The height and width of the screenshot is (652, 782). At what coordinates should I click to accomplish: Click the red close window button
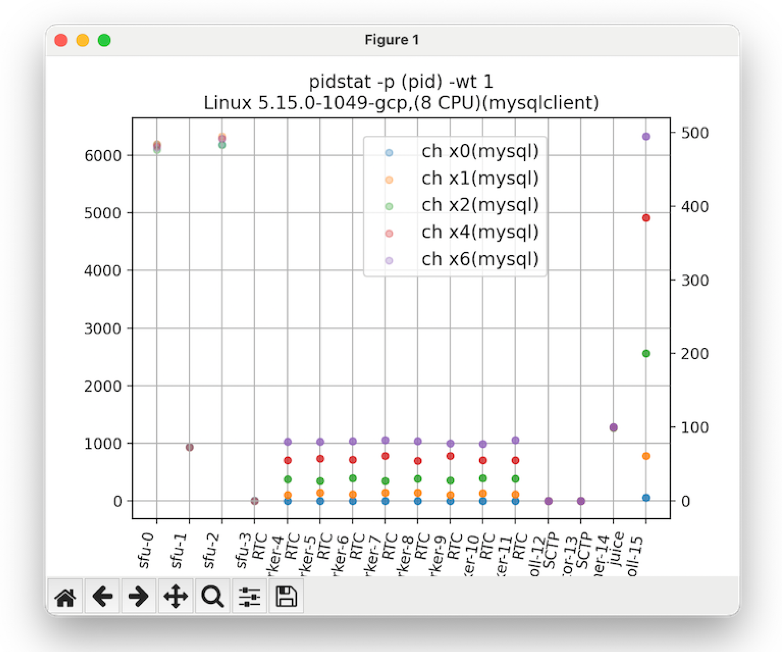pyautogui.click(x=61, y=40)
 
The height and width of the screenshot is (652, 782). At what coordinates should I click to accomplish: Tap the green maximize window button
pyautogui.click(x=104, y=40)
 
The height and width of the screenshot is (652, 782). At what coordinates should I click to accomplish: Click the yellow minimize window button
pyautogui.click(x=82, y=40)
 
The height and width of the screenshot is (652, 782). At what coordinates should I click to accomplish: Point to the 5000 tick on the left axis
pyautogui.click(x=103, y=214)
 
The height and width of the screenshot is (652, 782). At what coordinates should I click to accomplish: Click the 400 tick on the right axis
pyautogui.click(x=695, y=207)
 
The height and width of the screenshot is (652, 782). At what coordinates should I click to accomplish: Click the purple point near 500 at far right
pyautogui.click(x=646, y=136)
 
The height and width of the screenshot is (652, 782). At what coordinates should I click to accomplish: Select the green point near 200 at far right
pyautogui.click(x=646, y=353)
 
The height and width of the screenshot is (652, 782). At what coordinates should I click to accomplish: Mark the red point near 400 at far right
pyautogui.click(x=646, y=218)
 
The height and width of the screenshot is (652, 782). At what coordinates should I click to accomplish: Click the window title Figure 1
pyautogui.click(x=392, y=39)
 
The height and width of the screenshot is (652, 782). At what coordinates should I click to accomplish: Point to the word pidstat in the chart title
pyautogui.click(x=340, y=82)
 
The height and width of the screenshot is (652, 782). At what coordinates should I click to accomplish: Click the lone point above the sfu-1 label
pyautogui.click(x=190, y=447)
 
